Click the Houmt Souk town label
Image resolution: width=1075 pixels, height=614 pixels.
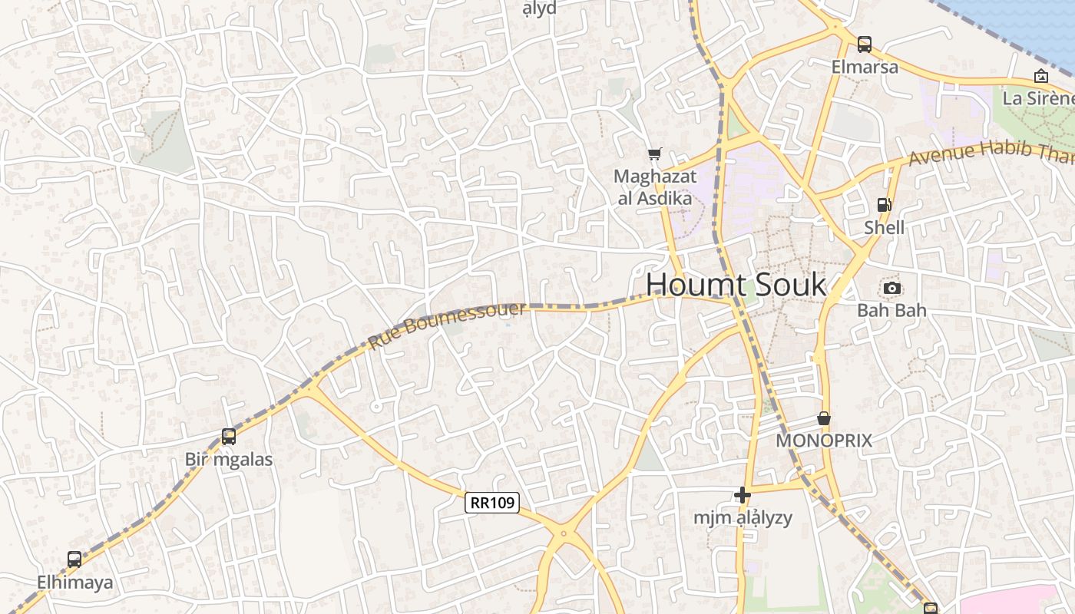(x=736, y=285)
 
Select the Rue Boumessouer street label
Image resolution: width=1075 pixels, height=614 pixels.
(x=448, y=325)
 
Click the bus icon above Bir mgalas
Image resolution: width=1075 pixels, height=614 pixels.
(x=229, y=437)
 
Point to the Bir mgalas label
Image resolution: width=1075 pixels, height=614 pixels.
(x=229, y=460)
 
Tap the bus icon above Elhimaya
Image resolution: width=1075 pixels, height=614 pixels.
(x=74, y=560)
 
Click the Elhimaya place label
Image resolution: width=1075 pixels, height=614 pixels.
(x=74, y=583)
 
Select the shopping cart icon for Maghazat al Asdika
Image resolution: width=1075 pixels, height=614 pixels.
(x=654, y=154)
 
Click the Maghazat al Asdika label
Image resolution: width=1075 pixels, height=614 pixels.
(x=655, y=187)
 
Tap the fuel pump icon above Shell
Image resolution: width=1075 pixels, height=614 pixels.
(x=884, y=205)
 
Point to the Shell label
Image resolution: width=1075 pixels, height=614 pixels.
(x=884, y=228)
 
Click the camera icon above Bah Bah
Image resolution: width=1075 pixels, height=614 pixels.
(x=891, y=288)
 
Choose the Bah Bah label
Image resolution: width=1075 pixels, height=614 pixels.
(x=891, y=311)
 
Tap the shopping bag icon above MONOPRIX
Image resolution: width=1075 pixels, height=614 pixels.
(x=824, y=418)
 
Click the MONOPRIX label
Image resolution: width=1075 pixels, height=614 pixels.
(x=824, y=441)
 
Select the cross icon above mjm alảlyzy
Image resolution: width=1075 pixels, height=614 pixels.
(x=742, y=495)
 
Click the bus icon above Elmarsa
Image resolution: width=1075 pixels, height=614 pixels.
(x=865, y=45)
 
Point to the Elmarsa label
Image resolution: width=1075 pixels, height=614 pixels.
(x=865, y=68)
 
